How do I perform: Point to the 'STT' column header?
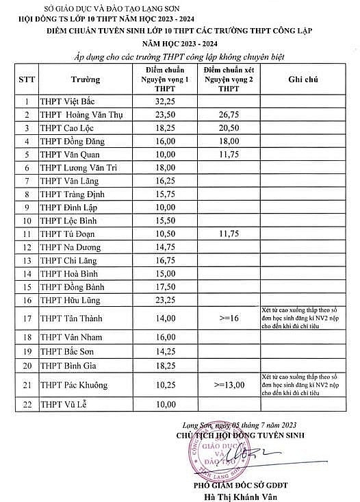[26, 79]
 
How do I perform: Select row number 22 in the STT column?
[26, 405]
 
